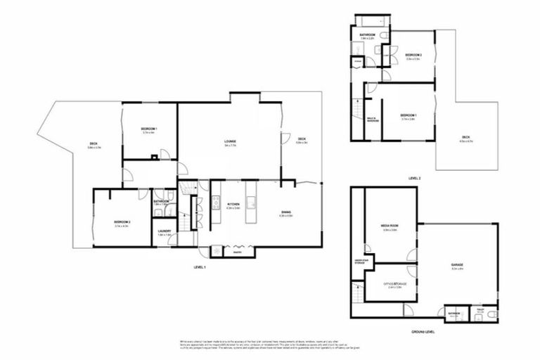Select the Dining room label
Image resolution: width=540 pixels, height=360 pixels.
click(286, 212)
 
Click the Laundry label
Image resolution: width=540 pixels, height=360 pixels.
click(165, 231)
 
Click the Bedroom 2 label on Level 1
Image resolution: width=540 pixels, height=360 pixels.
click(122, 223)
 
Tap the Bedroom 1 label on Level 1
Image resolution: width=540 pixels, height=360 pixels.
click(148, 129)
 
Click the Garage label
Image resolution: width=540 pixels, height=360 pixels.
click(457, 265)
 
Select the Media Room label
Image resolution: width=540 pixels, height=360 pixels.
click(390, 226)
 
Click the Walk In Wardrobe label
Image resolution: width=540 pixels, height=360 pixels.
click(373, 120)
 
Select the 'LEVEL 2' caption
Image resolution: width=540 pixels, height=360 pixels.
click(415, 179)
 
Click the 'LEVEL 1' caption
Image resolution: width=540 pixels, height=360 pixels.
click(200, 267)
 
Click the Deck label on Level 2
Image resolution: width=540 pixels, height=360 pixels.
click(465, 138)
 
